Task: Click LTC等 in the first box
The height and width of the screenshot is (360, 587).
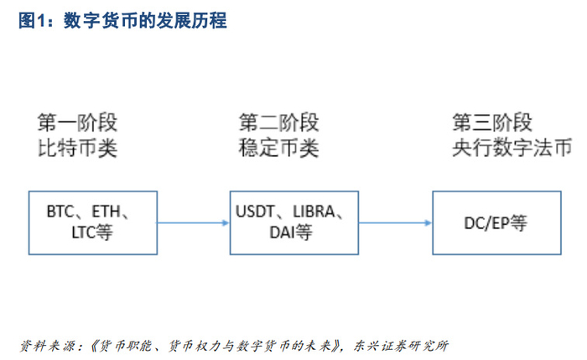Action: pos(92,232)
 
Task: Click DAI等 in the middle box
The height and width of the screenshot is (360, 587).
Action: pos(291,232)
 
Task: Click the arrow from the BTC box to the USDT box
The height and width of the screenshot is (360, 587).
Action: pos(193,222)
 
